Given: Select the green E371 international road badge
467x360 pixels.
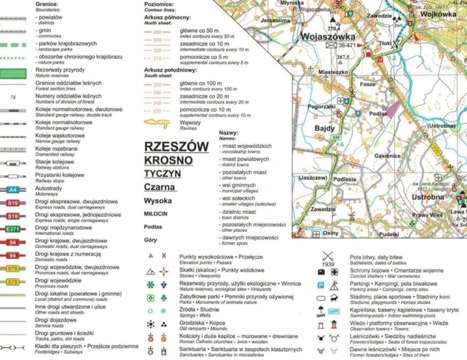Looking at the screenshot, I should (x=12, y=230).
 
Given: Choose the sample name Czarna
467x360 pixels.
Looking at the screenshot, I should (x=160, y=186).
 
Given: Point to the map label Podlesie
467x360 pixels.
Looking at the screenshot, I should (x=344, y=179).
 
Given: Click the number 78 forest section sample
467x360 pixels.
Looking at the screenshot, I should (x=13, y=98).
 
